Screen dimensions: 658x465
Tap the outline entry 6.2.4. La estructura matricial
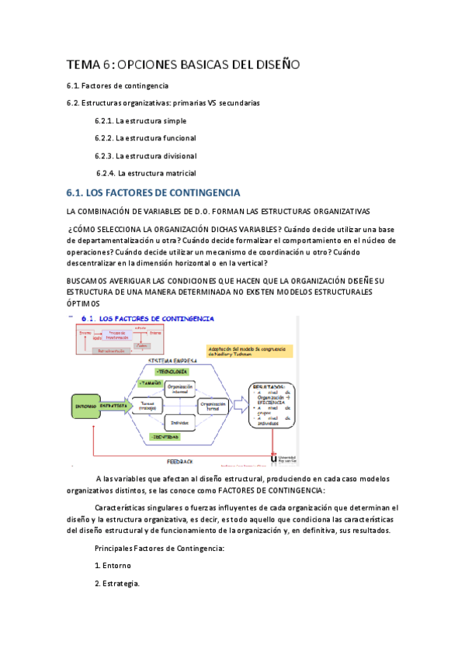(145, 173)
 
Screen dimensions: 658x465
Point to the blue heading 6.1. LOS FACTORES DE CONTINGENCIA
(154, 192)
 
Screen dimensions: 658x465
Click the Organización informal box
(180, 390)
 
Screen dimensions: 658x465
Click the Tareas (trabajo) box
(148, 405)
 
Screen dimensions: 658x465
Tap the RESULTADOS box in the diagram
(272, 403)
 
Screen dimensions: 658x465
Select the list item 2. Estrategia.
(117, 584)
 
